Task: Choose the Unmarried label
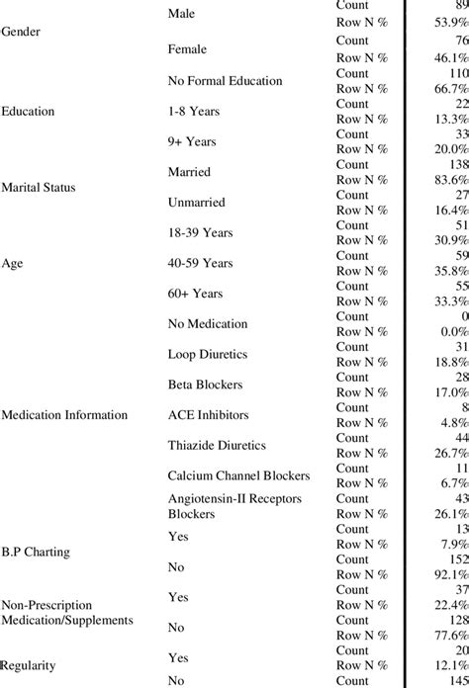(x=197, y=202)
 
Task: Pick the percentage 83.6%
(x=448, y=179)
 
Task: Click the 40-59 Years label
(x=201, y=264)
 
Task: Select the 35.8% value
(x=448, y=271)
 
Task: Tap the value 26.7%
(x=448, y=453)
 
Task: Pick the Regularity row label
(x=30, y=666)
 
